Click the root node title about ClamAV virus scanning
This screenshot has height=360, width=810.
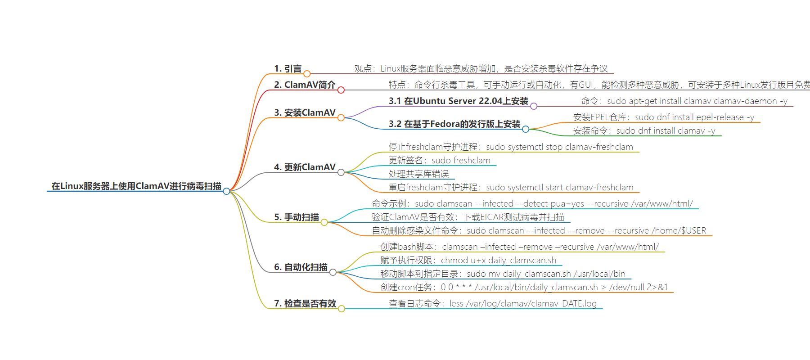136,186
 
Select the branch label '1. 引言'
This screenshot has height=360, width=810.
288,68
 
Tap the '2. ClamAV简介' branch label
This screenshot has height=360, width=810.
305,85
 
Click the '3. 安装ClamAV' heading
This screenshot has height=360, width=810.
305,112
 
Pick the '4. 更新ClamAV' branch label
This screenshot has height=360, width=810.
305,167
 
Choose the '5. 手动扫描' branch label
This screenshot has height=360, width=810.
297,217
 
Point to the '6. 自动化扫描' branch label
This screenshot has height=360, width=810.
301,267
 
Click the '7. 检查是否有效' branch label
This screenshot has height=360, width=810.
305,303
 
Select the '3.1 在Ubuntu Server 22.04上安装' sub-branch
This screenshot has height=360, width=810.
459,101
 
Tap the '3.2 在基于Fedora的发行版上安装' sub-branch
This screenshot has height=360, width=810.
454,124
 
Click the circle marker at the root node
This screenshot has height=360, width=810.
226,191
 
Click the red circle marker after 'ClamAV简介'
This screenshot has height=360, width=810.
341,90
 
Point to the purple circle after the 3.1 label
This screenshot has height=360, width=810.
534,106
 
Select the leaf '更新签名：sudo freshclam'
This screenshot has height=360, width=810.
439,160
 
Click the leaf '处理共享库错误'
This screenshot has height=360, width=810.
418,174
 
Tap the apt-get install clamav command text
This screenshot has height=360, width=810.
684,101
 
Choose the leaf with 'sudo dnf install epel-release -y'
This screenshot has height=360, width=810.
664,117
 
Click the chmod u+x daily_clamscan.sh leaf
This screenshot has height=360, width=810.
468,260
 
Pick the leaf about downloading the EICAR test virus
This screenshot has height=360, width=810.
468,217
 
